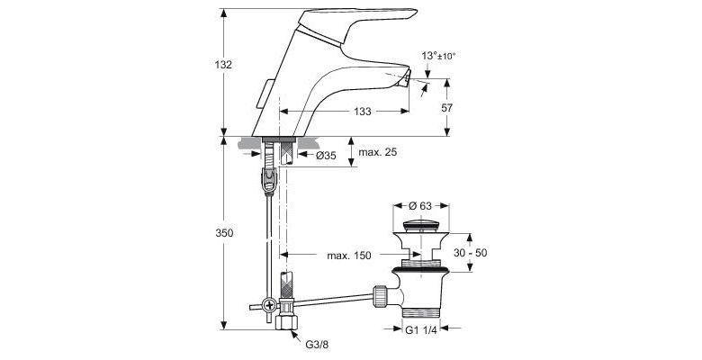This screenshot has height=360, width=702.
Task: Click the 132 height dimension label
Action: click(224, 65)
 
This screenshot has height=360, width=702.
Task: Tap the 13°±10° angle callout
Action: click(438, 56)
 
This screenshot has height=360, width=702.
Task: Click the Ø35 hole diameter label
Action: click(327, 156)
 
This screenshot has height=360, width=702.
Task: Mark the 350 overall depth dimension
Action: click(224, 233)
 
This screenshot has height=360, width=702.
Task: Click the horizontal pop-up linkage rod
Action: click(330, 298)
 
